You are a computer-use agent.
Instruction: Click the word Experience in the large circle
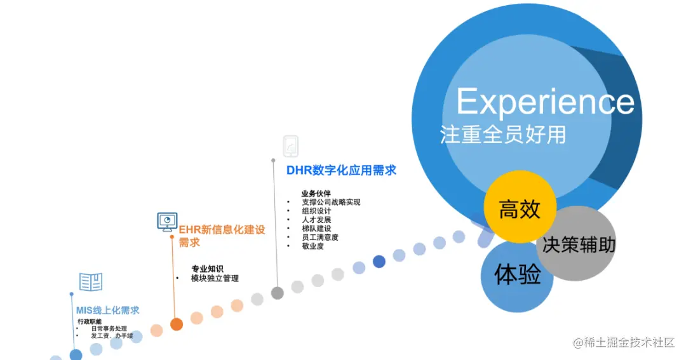pyautogui.click(x=545, y=102)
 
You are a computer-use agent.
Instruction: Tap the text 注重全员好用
pyautogui.click(x=503, y=135)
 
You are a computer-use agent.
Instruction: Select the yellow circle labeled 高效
pyautogui.click(x=520, y=208)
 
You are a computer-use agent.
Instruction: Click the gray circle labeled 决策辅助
pyautogui.click(x=579, y=244)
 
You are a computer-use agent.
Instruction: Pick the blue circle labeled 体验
pyautogui.click(x=518, y=275)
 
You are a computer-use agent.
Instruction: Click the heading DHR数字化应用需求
pyautogui.click(x=341, y=170)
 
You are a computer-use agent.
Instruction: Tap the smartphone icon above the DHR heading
pyautogui.click(x=291, y=146)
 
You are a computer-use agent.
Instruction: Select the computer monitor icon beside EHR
pyautogui.click(x=166, y=221)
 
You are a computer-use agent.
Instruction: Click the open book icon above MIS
pyautogui.click(x=91, y=282)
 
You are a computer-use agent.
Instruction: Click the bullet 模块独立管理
pyautogui.click(x=215, y=278)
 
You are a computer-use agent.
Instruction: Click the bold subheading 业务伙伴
pyautogui.click(x=316, y=193)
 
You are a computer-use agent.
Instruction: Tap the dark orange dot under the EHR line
pyautogui.click(x=177, y=324)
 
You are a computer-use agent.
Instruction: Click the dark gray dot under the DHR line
pyautogui.click(x=278, y=293)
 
